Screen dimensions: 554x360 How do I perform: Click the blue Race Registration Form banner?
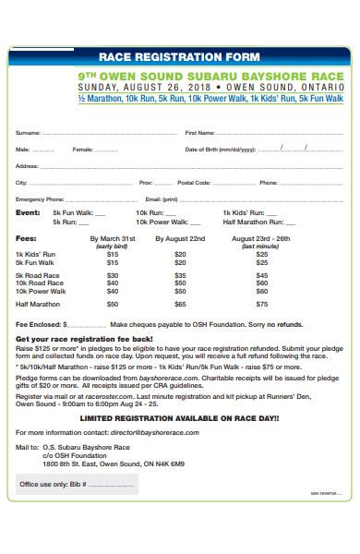(179, 56)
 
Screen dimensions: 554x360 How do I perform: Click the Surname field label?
(28, 133)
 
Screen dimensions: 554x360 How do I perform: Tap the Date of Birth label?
(219, 149)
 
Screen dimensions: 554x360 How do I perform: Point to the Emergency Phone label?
(40, 199)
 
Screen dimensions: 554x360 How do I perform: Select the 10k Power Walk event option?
(162, 222)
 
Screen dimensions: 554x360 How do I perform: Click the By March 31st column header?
(112, 238)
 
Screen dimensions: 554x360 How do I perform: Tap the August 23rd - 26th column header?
(261, 238)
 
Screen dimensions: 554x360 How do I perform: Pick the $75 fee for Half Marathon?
(261, 303)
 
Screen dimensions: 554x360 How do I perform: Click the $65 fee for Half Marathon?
(180, 303)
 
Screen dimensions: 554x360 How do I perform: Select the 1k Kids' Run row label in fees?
(36, 254)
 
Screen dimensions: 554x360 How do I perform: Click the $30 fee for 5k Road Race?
(113, 274)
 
